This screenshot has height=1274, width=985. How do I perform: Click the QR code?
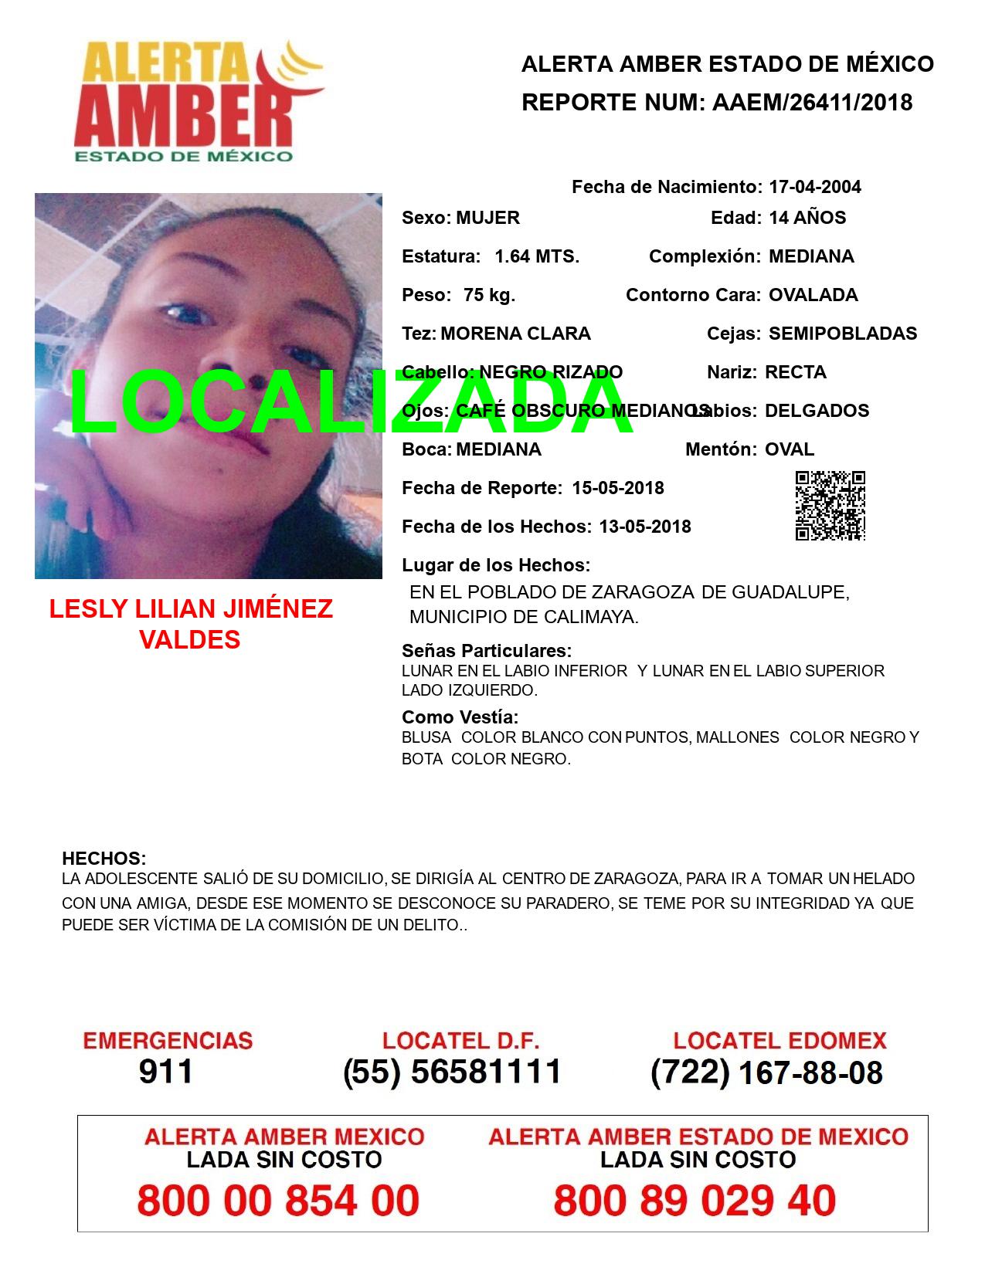click(x=830, y=505)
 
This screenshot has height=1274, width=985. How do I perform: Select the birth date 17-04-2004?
click(x=814, y=187)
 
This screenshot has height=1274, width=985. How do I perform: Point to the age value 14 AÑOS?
click(x=807, y=218)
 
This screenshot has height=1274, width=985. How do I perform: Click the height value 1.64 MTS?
click(x=536, y=256)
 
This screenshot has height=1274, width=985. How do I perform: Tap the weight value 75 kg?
click(x=489, y=295)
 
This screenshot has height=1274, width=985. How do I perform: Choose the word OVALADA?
click(x=813, y=295)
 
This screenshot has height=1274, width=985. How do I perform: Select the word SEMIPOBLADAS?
click(x=842, y=334)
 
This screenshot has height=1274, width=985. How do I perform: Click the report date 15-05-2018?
click(x=617, y=488)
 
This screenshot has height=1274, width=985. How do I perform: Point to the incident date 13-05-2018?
click(x=644, y=527)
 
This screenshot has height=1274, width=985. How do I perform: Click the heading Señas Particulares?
click(x=487, y=651)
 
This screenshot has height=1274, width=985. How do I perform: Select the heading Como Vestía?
click(x=460, y=717)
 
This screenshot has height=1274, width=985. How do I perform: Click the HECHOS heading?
click(x=104, y=859)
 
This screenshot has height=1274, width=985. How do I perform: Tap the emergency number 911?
click(x=165, y=1072)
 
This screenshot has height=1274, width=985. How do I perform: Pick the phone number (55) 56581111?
click(x=452, y=1072)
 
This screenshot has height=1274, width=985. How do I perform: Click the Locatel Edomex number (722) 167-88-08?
click(x=766, y=1072)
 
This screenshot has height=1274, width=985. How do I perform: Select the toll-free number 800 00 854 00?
click(x=278, y=1201)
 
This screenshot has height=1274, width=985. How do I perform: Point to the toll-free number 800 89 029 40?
click(x=695, y=1201)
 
